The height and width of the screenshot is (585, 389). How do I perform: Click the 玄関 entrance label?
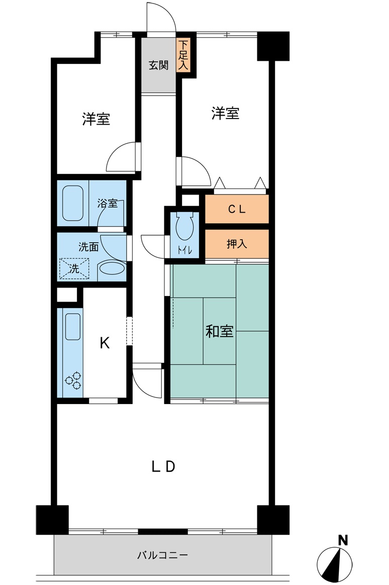coord(158,65)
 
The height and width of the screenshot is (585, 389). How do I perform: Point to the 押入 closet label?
coord(237,244)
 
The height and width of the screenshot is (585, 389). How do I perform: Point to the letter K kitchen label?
coord(105,343)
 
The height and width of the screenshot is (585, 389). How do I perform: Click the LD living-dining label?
coord(163,467)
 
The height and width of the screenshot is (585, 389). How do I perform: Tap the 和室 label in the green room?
coord(220,332)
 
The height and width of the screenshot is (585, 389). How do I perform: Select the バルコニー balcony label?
coord(163,555)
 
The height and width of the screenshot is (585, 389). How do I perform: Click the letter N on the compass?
coord(343,541)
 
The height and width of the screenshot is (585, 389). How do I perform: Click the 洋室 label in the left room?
coord(96,120)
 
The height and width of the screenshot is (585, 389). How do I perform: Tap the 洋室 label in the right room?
coord(225,114)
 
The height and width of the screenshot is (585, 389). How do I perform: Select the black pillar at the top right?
coord(273,46)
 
